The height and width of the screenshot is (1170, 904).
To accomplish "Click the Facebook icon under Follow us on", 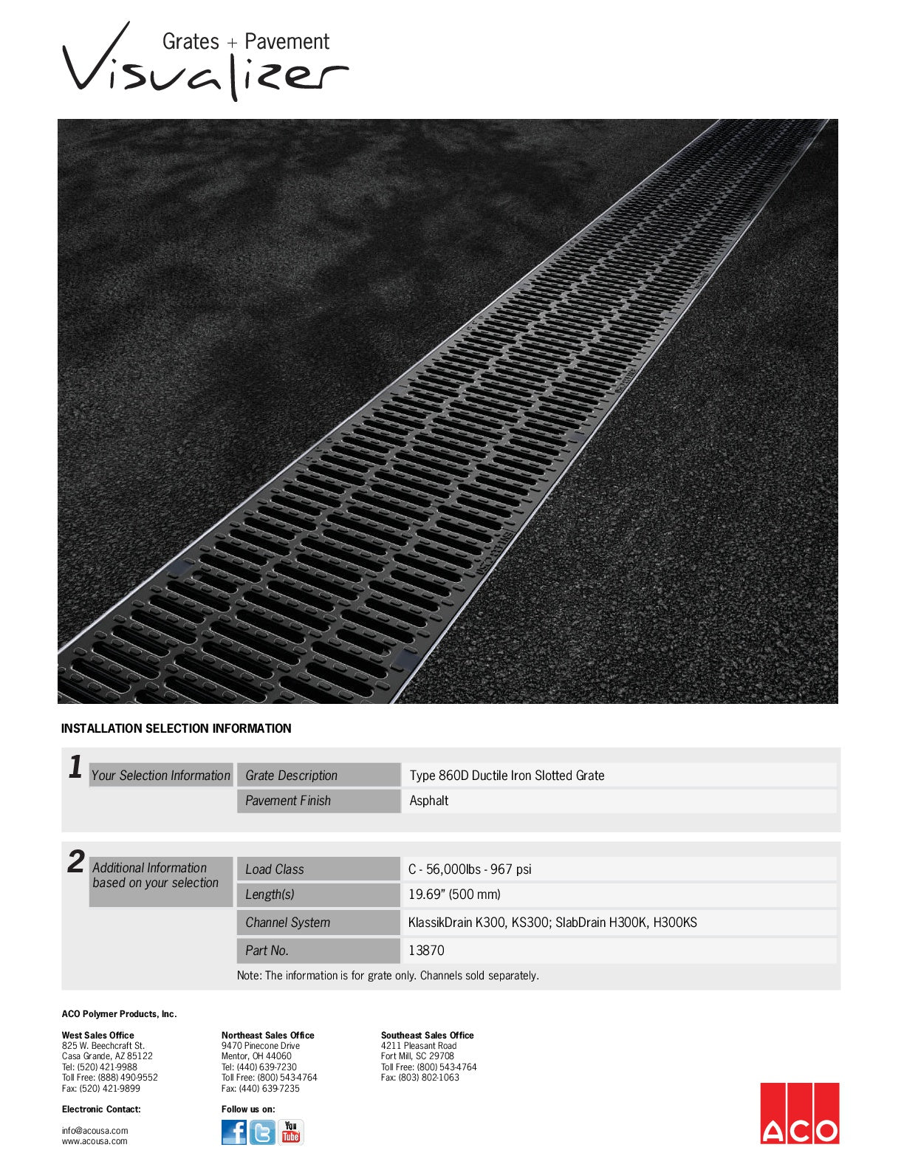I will tap(234, 1132).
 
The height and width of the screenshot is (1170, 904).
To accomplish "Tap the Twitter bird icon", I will tap(262, 1132).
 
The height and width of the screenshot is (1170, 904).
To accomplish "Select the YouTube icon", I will tap(291, 1132).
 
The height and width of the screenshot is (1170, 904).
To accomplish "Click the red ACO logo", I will tap(800, 1113).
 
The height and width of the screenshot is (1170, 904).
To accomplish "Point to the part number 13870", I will tap(426, 951).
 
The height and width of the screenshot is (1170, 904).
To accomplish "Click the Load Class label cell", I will tap(318, 869).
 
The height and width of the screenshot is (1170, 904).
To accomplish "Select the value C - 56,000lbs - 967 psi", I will tap(470, 869).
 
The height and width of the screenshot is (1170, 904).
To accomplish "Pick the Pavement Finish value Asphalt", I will tap(429, 801).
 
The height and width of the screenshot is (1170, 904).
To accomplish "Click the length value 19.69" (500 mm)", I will tap(454, 894).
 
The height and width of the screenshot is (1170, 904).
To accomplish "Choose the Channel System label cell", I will tap(318, 923).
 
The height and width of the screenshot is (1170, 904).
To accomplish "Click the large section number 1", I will tap(75, 767).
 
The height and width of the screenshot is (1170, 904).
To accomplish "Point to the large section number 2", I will tap(76, 862).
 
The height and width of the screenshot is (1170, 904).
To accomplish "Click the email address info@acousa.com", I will tap(95, 1130).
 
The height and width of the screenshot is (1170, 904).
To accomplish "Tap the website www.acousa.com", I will tap(95, 1141).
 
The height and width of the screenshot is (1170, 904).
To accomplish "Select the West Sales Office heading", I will tap(98, 1036).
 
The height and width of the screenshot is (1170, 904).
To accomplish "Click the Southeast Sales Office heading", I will tap(428, 1036).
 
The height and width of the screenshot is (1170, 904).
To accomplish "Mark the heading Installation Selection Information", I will tap(177, 728).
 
